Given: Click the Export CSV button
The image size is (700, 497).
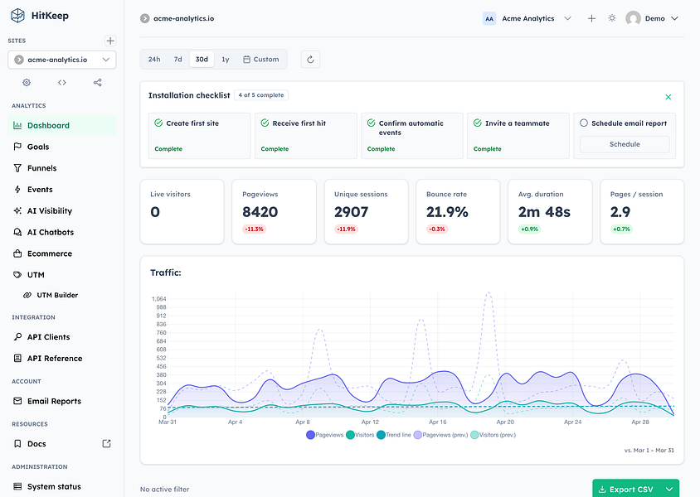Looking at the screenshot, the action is pyautogui.click(x=626, y=489).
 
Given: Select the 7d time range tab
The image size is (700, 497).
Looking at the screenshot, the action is pyautogui.click(x=177, y=60).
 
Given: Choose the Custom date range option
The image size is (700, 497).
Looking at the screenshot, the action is pyautogui.click(x=260, y=60).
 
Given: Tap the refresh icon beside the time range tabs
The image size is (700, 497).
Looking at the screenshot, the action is pyautogui.click(x=311, y=60).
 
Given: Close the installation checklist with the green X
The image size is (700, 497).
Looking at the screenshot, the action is pyautogui.click(x=668, y=97).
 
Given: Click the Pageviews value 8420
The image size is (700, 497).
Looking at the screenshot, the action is pyautogui.click(x=260, y=212).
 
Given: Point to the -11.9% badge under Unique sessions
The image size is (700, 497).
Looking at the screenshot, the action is pyautogui.click(x=346, y=229).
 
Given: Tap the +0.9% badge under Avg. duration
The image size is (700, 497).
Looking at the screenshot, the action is pyautogui.click(x=529, y=229).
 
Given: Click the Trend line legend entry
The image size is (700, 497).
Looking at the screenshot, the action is pyautogui.click(x=394, y=435).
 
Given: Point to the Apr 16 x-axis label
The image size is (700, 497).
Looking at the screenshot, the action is pyautogui.click(x=438, y=422).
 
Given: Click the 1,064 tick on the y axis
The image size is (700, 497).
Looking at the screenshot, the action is pyautogui.click(x=159, y=299).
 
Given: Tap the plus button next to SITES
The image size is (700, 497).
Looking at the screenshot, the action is pyautogui.click(x=110, y=41).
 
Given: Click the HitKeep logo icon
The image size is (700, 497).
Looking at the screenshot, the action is pyautogui.click(x=18, y=16).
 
